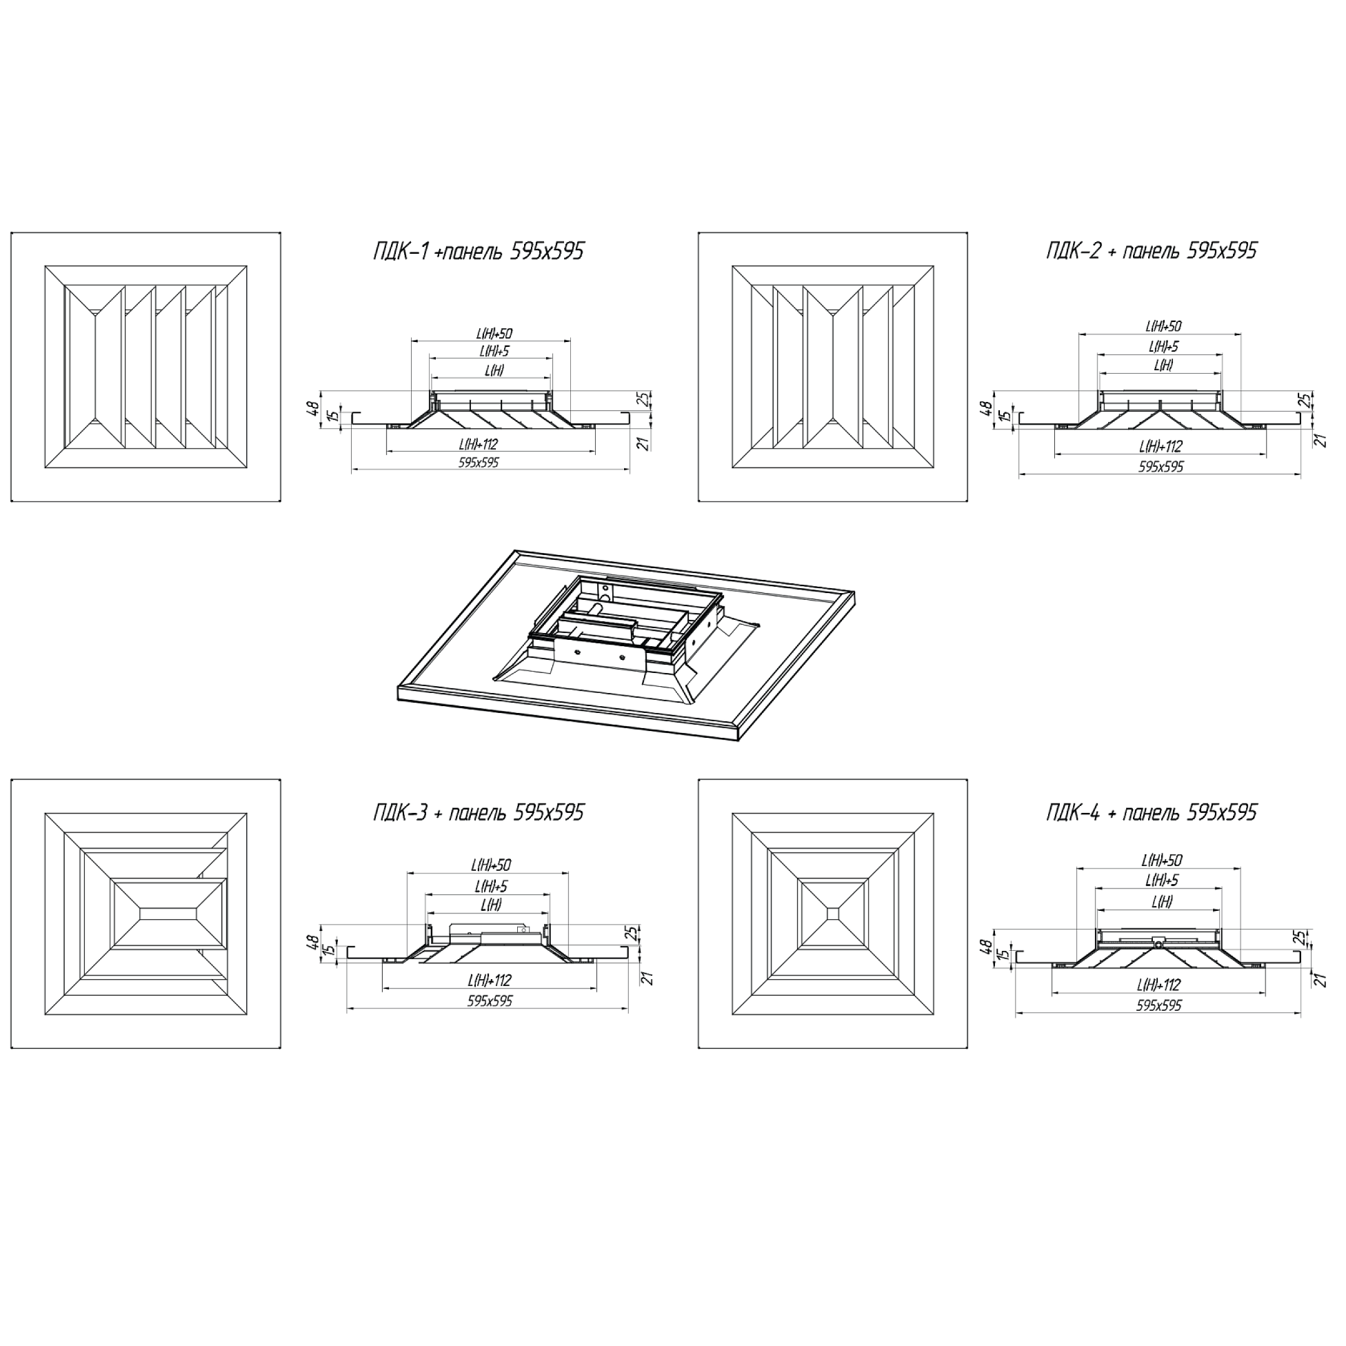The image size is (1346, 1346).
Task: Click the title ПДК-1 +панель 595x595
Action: [x=479, y=251]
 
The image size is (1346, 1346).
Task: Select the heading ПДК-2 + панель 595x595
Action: [x=1152, y=250]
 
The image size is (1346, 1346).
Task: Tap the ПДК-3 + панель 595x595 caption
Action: [x=479, y=812]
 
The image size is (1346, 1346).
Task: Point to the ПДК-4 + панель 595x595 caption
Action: [x=1152, y=812]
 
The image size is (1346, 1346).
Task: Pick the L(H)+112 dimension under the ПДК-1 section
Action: [x=479, y=444]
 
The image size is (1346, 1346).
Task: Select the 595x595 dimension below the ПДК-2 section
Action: [x=1161, y=467]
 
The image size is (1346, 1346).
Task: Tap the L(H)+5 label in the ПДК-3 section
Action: [x=491, y=887]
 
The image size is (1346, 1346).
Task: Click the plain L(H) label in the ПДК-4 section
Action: [x=1162, y=901]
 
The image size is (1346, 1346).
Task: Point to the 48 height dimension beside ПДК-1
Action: [x=314, y=406]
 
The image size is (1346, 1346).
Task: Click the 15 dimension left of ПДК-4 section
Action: [x=1003, y=954]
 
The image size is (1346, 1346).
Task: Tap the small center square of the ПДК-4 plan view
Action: [x=833, y=913]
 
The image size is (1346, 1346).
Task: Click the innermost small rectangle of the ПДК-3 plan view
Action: [x=170, y=913]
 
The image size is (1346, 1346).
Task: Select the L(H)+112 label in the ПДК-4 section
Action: [x=1159, y=985]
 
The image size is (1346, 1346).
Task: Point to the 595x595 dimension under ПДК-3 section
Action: [x=490, y=1001]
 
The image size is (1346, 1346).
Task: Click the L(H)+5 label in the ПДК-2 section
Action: [x=1163, y=346]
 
